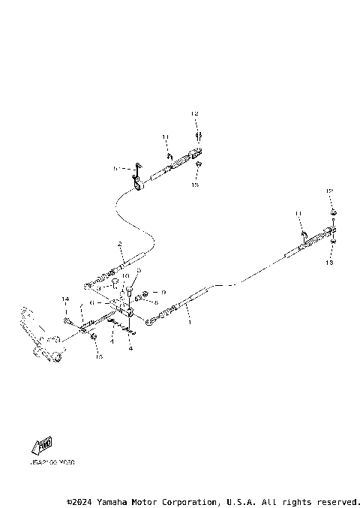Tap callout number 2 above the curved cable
pyautogui.click(x=120, y=245)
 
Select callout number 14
pyautogui.click(x=66, y=299)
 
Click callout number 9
pyautogui.click(x=163, y=292)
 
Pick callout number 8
pyautogui.click(x=155, y=303)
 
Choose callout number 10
pyautogui.click(x=126, y=276)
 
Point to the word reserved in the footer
pyautogui.click(x=340, y=501)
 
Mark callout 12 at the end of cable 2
pyautogui.click(x=195, y=113)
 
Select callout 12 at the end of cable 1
pyautogui.click(x=329, y=192)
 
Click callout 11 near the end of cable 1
pyautogui.click(x=298, y=214)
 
